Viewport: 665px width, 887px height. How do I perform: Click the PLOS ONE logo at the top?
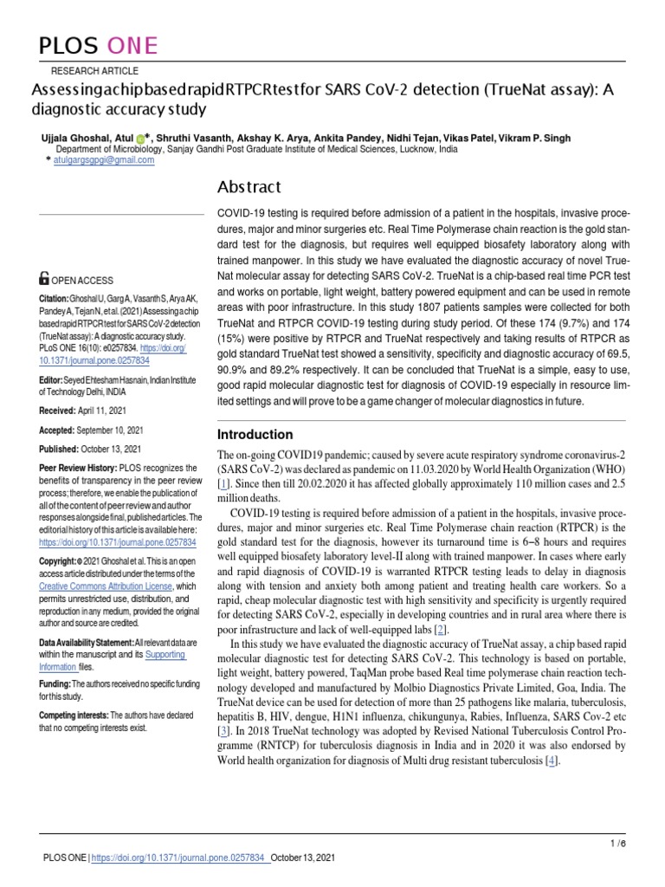[x=96, y=45]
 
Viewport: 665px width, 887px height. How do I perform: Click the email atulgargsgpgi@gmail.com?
[x=103, y=160]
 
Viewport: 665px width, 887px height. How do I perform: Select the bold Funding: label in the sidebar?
[x=57, y=683]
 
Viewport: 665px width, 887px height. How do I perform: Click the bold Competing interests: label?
[x=74, y=715]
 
